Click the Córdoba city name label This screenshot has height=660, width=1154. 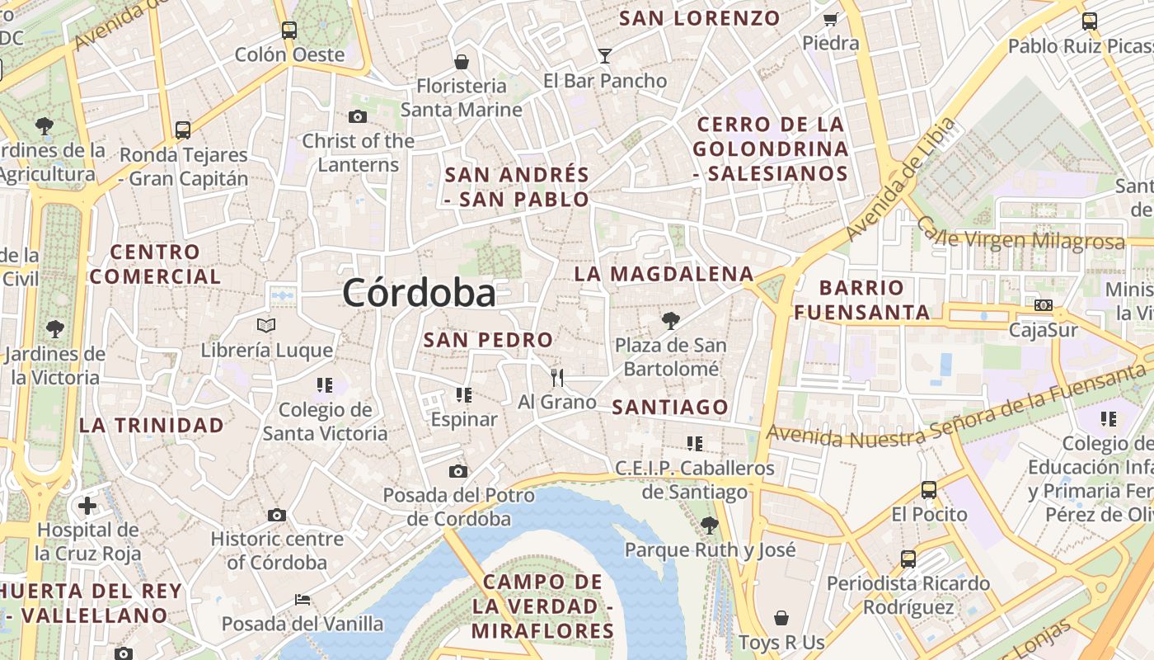point(420,293)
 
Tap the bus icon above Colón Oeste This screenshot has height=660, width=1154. point(289,31)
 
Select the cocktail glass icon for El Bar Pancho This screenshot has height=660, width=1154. point(605,56)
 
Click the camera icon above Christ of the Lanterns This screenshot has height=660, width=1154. point(358,116)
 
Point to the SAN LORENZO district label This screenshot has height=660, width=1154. point(699,18)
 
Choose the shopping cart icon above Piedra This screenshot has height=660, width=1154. point(830,19)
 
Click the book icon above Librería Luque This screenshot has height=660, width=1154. point(266,325)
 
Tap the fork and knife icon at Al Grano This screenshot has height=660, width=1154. point(557,378)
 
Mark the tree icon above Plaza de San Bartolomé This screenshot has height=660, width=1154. point(671,320)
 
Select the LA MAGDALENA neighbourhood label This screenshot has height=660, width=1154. point(664,274)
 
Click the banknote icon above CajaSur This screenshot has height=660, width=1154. point(1044,305)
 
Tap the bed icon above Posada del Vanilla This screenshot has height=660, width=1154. point(303,600)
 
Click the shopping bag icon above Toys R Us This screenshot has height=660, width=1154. point(781,618)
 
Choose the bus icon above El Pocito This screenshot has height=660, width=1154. point(929,489)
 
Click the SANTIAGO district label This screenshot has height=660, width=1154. point(670,407)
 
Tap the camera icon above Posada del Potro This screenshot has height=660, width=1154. point(458,471)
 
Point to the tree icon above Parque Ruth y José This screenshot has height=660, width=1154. point(709,525)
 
